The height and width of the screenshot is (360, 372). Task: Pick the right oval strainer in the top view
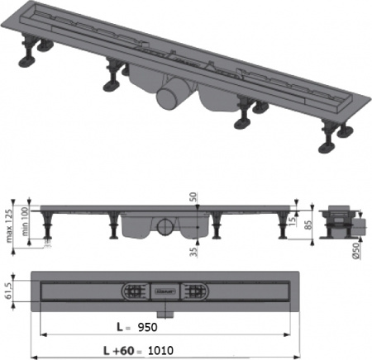(x=195, y=291)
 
